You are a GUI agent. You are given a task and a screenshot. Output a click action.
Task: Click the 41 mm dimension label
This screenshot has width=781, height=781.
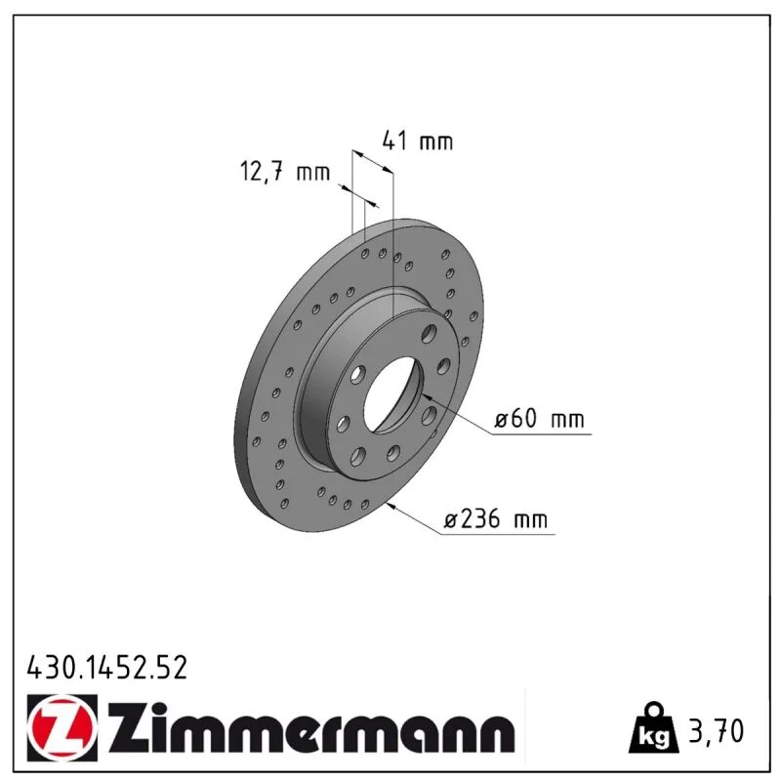pos(418,141)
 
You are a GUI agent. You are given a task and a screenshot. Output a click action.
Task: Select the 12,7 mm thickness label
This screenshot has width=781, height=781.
pos(285,172)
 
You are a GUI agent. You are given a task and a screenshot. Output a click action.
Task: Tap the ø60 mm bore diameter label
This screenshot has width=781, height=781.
pos(539,419)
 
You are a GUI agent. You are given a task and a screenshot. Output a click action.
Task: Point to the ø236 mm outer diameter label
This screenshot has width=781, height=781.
pos(496,519)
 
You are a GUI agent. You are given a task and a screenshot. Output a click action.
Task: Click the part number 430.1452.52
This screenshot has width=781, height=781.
pos(107,668)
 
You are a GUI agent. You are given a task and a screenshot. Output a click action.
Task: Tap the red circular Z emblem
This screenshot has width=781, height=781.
pos(62,727)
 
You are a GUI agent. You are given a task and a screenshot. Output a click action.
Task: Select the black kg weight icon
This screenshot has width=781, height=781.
pos(654,729)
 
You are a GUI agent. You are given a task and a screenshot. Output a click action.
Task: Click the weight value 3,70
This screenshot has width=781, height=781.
pos(717,730)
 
